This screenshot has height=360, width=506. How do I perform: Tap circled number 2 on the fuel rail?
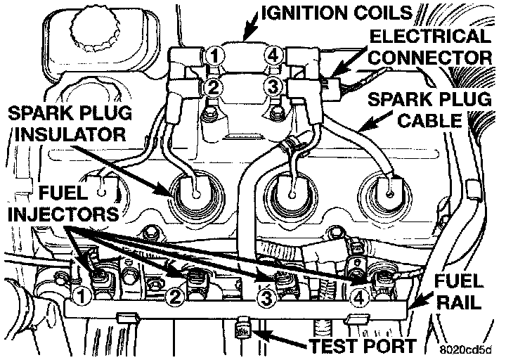[175, 297]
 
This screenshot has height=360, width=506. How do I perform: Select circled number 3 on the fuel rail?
[266, 298]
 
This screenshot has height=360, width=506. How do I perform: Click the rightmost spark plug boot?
[387, 190]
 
